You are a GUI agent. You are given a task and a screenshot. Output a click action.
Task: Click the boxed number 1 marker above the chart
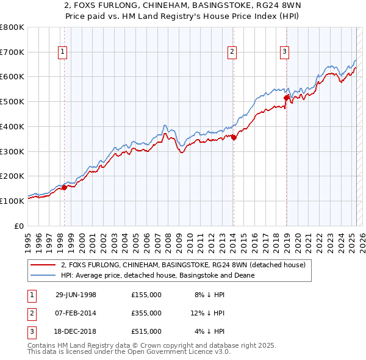63,52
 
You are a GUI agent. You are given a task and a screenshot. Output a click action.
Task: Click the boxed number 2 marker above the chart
232,52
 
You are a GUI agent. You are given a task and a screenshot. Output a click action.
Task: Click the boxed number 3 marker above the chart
285,52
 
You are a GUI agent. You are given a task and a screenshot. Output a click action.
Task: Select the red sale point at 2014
234,137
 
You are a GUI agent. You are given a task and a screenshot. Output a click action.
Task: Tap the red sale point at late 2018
286,97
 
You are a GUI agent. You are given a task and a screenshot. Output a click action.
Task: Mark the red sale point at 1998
64,187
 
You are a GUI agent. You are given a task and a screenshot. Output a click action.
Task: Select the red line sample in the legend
43,265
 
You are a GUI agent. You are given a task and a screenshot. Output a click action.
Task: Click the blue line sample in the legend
43,275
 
